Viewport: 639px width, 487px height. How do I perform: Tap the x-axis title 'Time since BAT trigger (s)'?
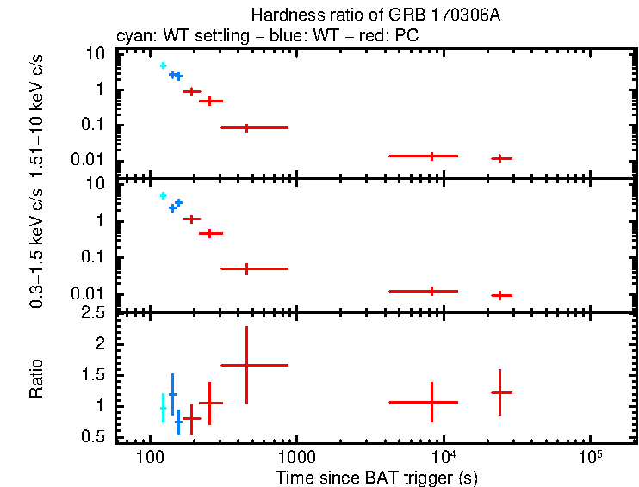(x=376, y=477)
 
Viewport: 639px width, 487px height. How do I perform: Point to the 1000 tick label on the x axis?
(x=296, y=456)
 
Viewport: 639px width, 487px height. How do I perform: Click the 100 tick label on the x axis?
(x=151, y=456)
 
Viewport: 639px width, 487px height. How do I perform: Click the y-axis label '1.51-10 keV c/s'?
(x=37, y=117)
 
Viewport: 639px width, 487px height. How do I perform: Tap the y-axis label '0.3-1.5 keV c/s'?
(x=37, y=250)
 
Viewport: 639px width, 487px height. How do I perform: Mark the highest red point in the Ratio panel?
(x=247, y=365)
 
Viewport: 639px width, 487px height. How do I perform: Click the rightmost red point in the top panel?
(x=501, y=158)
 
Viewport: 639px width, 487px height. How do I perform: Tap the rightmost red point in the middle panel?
(x=501, y=295)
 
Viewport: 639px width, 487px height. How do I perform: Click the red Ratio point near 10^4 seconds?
(x=431, y=402)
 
